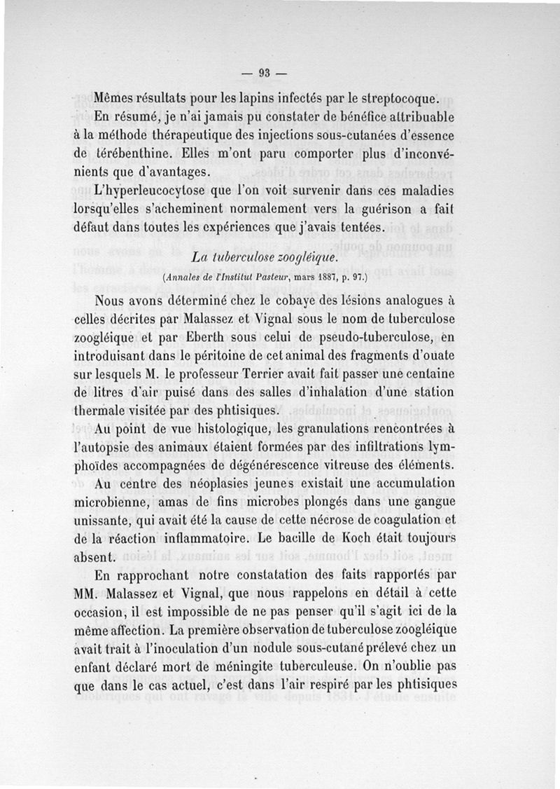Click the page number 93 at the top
(264, 71)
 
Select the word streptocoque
(400, 96)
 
